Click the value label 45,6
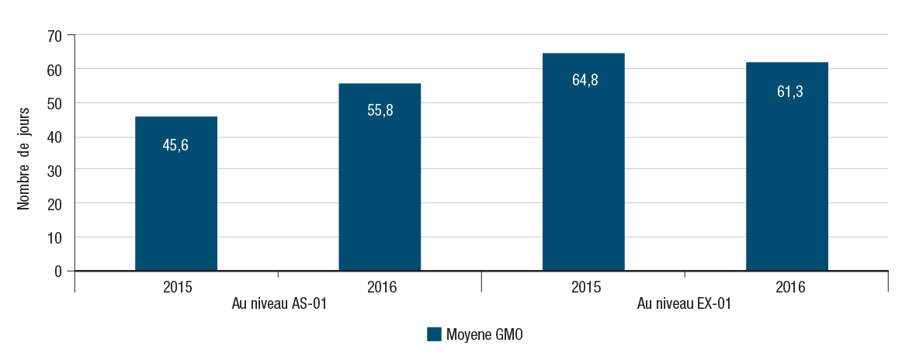(x=175, y=144)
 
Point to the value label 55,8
(x=380, y=110)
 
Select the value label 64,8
(x=584, y=80)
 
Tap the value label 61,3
(x=787, y=92)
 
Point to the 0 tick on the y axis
(x=58, y=271)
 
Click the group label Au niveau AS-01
(x=278, y=304)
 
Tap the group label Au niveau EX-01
(x=684, y=304)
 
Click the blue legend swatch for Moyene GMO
(x=434, y=334)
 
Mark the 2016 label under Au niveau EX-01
(x=790, y=287)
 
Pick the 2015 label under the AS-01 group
(x=179, y=287)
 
